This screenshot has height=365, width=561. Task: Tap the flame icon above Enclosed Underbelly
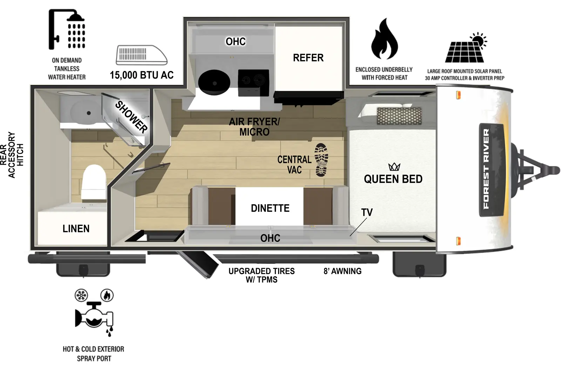coord(384,40)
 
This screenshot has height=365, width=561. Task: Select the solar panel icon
coord(466,49)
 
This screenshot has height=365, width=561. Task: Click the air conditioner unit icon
coord(141,55)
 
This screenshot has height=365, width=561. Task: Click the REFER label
coord(308,58)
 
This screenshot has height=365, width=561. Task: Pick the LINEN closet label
coord(76,229)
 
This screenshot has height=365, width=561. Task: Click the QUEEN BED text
coord(393,179)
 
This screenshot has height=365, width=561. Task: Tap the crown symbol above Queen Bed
coord(394,167)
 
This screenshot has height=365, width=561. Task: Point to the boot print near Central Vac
coord(321,160)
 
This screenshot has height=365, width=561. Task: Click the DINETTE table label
coord(270,208)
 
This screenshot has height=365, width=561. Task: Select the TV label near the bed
coord(367,212)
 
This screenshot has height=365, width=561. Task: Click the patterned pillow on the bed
coord(399,116)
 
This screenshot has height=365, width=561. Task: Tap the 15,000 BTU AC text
coord(142,75)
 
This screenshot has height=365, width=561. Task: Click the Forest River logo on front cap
coord(486,168)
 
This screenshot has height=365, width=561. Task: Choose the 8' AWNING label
coord(342,271)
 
